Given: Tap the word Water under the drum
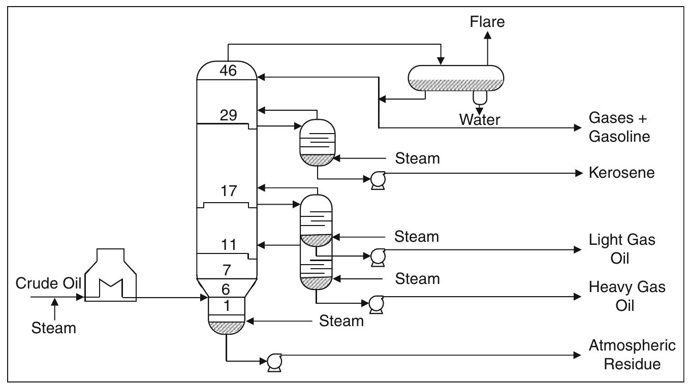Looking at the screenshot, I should point(480,120).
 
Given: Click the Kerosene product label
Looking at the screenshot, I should point(621,173).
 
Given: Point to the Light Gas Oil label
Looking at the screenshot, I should point(622,248).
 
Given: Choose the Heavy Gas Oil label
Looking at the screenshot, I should point(626,297).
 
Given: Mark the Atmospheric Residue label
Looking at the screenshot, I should point(632,355).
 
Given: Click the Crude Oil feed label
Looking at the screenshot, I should point(49,283).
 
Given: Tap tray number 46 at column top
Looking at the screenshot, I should point(228,71).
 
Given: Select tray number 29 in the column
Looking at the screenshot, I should point(228,115).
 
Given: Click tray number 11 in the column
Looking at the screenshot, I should point(227,245).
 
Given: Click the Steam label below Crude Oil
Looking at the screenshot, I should point(54,328).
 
